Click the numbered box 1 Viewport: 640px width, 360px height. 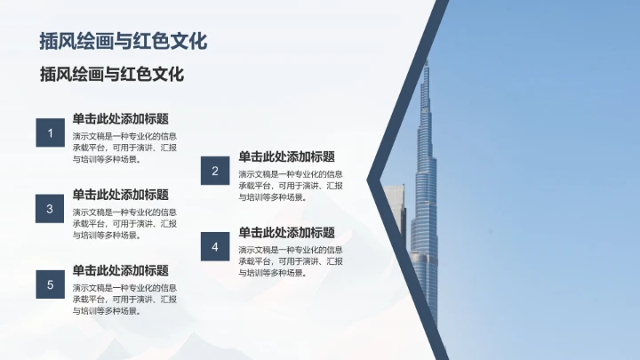coord(51,134)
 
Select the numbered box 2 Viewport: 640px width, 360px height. coord(215,171)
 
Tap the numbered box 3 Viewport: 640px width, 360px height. coord(51,209)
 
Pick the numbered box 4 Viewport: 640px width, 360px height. coord(215,246)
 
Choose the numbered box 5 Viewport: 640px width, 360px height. coord(51,284)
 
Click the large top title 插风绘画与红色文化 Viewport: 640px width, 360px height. coord(124,41)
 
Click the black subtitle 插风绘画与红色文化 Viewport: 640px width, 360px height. coord(112,75)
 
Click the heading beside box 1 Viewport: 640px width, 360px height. coord(121,118)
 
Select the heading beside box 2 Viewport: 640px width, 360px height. coord(286,156)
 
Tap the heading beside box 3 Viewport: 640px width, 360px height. coord(121,194)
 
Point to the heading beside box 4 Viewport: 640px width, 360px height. coord(286,232)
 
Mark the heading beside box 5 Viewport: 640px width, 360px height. coord(121,269)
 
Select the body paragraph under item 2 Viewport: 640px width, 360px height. coord(290,186)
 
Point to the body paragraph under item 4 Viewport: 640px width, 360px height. coord(290,261)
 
